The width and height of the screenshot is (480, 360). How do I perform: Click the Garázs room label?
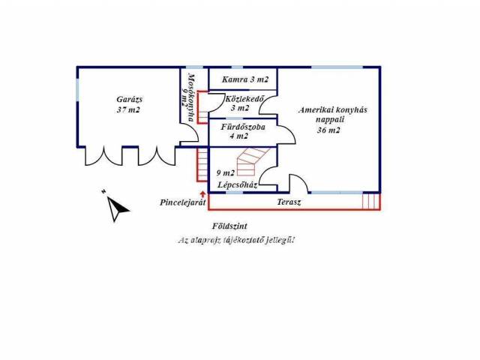(127, 98)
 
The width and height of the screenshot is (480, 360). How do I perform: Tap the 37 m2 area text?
(127, 109)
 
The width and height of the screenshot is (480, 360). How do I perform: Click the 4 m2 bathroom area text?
(239, 136)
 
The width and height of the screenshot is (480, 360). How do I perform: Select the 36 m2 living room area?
(329, 130)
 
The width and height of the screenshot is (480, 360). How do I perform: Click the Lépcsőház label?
(237, 184)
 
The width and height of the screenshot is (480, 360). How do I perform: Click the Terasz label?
(288, 202)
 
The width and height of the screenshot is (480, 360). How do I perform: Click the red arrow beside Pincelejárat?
(204, 195)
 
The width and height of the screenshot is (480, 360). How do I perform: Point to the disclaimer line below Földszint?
(235, 240)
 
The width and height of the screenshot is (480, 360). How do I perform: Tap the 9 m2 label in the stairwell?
(224, 172)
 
